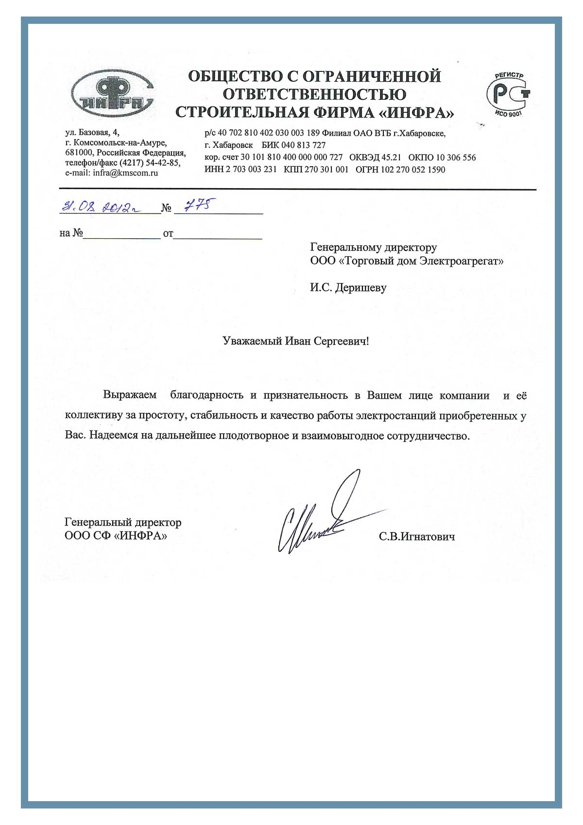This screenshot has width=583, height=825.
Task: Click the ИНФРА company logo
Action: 112,94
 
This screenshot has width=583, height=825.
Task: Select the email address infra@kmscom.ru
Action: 125,173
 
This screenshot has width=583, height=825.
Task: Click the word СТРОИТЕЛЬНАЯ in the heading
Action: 242,112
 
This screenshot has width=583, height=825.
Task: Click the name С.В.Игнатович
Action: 417,537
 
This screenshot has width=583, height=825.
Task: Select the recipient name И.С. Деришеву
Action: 348,287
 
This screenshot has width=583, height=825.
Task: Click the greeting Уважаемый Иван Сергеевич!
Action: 295,341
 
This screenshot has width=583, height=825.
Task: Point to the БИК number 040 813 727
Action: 303,145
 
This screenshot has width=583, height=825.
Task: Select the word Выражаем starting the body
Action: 130,395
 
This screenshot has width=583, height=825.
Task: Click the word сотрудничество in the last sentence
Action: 428,436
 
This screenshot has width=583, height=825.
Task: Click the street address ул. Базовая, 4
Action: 92,132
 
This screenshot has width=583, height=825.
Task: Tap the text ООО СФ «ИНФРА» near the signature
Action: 116,536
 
